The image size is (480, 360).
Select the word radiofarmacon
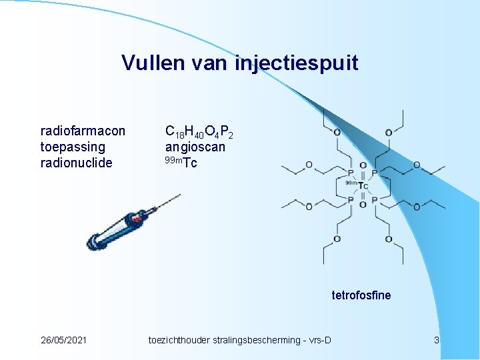pos(83,130)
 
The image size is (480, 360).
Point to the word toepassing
pos(73,147)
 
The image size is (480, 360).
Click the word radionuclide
pos(76,163)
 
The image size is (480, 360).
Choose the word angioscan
pos(195,147)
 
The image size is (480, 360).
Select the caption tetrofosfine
pos(361,295)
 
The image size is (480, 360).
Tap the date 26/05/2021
pos(63,341)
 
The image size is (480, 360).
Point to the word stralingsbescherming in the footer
pos(259,341)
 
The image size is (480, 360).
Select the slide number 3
pos(437,341)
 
